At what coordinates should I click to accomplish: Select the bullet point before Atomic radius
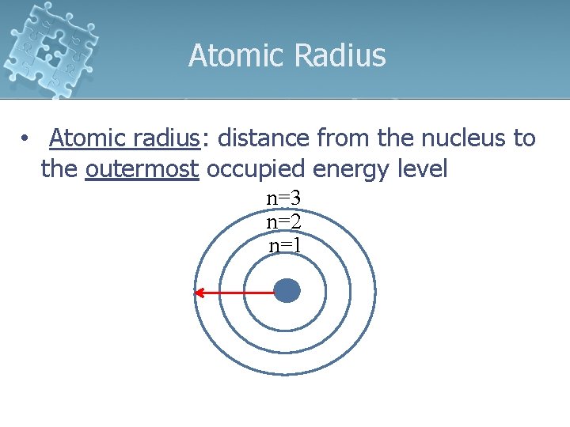[x=27, y=140]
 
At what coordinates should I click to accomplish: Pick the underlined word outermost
[x=142, y=169]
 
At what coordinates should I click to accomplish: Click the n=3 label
[x=283, y=198]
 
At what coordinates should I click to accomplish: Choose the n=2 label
[x=283, y=221]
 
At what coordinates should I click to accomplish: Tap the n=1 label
[x=284, y=245]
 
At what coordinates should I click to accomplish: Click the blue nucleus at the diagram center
[x=287, y=291]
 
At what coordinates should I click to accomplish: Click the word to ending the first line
[x=524, y=138]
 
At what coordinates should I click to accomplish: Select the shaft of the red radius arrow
[x=237, y=293]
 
